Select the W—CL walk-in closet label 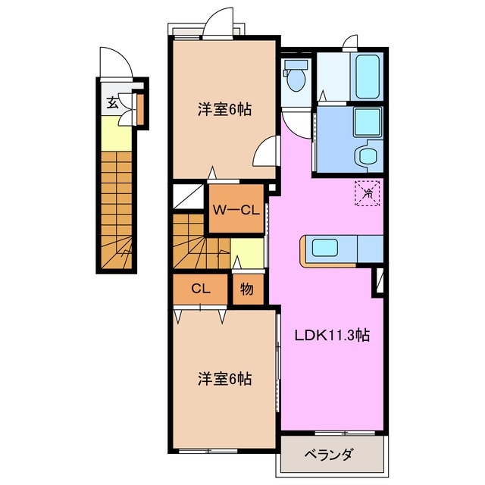236,210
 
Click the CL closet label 200,288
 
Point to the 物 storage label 246,289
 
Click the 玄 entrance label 112,104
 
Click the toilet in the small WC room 295,77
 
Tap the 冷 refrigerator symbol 368,193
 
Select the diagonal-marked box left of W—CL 188,196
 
